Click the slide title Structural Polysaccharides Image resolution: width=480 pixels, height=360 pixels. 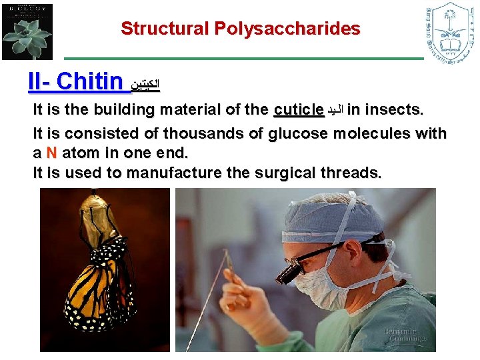coord(240,29)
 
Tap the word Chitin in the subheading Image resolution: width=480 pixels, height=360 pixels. coord(90,82)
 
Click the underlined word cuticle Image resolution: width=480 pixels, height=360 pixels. coord(299,110)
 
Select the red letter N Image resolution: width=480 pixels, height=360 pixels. coord(51,152)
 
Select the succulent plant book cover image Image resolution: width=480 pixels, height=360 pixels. coord(27,31)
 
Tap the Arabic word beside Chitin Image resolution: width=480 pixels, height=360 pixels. coord(146,85)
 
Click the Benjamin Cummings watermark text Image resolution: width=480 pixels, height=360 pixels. coord(405,335)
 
